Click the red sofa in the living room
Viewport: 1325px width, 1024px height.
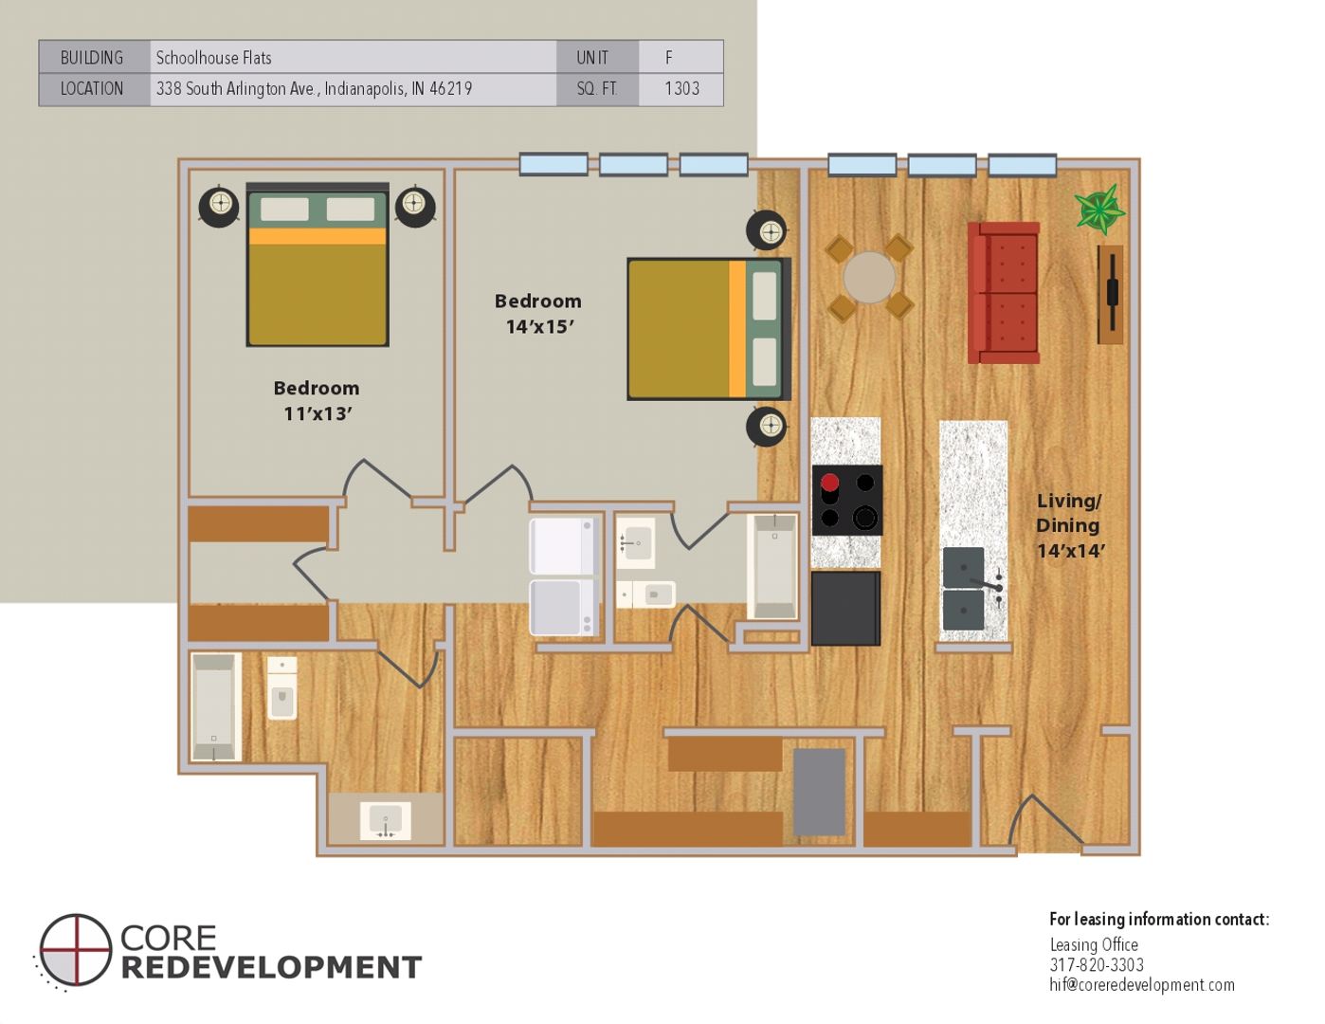[x=1003, y=293]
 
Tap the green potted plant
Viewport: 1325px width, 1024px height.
[x=1098, y=210]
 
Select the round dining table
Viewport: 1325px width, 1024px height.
[x=869, y=278]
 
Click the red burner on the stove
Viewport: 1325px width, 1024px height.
[x=829, y=483]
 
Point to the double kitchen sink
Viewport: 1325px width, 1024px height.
[x=964, y=589]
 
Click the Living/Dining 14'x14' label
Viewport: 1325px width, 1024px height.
[x=1071, y=525]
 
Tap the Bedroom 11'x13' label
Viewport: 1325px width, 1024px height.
[x=317, y=401]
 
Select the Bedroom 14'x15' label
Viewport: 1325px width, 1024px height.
[x=537, y=314]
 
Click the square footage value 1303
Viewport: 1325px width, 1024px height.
[x=681, y=89]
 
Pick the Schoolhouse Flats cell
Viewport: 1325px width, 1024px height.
[x=213, y=58]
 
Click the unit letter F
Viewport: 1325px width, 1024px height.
[x=669, y=57]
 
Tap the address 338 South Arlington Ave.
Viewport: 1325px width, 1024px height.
[x=235, y=89]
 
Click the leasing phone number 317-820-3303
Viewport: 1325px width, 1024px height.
[x=1097, y=965]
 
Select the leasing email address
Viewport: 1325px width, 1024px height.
[x=1141, y=985]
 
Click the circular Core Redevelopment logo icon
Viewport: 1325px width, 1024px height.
[x=75, y=950]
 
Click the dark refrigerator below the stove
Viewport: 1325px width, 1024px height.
[x=845, y=608]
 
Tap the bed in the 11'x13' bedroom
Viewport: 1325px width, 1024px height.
[x=318, y=265]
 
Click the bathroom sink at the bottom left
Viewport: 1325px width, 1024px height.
[x=386, y=820]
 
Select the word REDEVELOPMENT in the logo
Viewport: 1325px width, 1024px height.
[x=271, y=968]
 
